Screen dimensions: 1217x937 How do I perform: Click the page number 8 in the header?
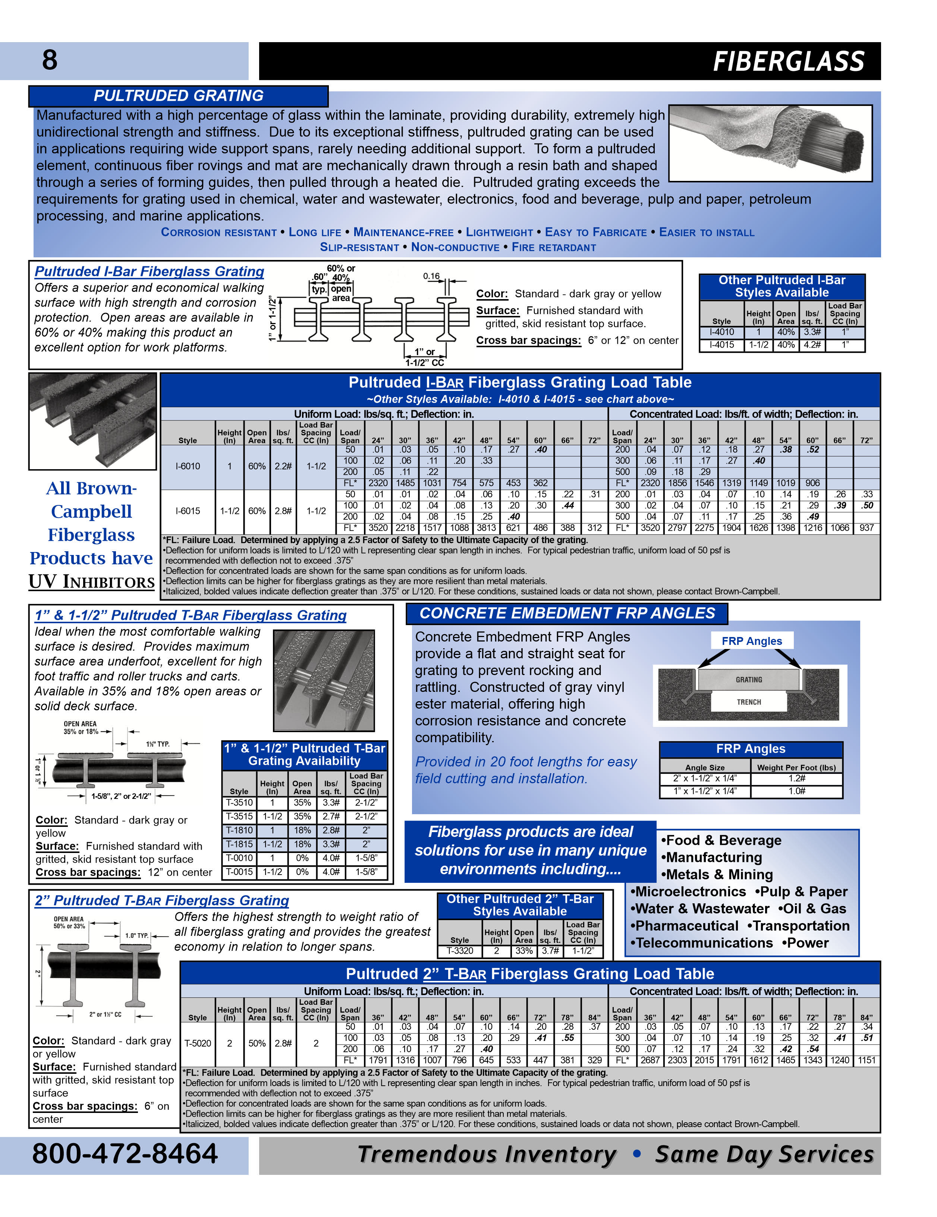point(50,60)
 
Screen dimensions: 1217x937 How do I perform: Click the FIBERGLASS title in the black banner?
point(788,61)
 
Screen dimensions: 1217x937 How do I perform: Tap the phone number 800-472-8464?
point(125,1154)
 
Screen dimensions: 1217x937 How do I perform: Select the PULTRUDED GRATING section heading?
point(178,96)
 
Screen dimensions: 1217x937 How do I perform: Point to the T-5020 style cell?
point(198,1043)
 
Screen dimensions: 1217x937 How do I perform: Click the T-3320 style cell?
point(460,951)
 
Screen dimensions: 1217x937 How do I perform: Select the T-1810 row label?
point(239,830)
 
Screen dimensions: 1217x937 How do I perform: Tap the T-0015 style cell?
point(239,872)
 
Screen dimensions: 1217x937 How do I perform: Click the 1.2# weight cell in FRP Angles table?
point(796,778)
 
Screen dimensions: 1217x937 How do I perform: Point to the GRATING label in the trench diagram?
point(749,680)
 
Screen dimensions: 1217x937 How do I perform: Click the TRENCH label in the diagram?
point(749,702)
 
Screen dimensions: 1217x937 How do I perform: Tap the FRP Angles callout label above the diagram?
point(751,641)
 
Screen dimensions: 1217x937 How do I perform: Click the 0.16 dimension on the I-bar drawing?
point(431,276)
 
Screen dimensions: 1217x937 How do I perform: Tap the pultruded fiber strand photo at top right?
point(770,143)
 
